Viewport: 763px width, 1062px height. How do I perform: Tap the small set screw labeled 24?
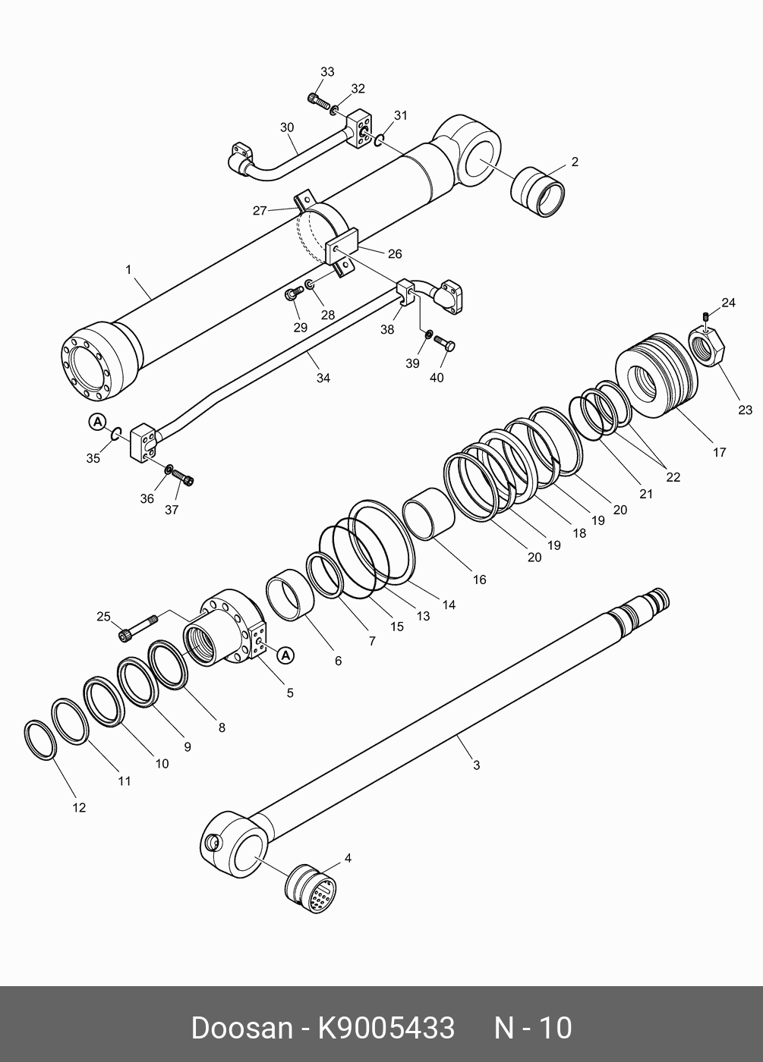click(x=706, y=316)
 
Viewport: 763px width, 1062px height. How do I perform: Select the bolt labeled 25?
click(x=137, y=627)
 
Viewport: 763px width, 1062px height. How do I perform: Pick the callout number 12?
click(x=79, y=808)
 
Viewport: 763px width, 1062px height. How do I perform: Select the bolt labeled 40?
click(x=446, y=344)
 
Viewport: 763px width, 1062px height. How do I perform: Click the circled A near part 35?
click(x=97, y=421)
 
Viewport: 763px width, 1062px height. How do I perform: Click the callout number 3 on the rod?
click(x=476, y=765)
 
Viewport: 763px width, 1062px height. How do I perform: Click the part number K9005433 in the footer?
click(x=386, y=1028)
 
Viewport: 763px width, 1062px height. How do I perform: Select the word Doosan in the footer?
click(x=241, y=1028)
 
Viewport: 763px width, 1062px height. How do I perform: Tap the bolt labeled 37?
click(x=183, y=477)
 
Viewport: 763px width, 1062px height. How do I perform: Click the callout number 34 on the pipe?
click(x=323, y=378)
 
